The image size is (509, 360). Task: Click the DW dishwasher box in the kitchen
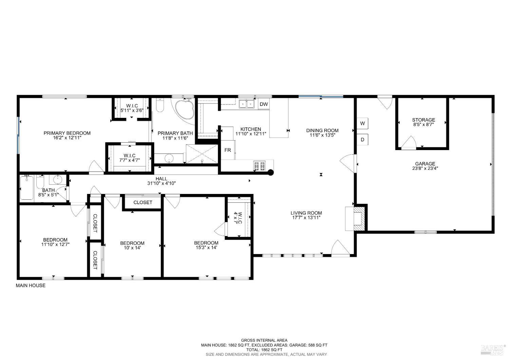coord(264,104)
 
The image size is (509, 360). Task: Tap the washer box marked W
coord(362,123)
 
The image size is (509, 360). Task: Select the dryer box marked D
coord(362,140)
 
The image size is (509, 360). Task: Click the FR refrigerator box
coord(228,150)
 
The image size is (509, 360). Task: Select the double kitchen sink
coord(246,104)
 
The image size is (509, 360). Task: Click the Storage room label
coord(423,120)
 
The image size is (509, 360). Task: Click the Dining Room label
coord(322,130)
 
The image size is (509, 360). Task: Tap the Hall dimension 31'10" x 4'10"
coord(161,183)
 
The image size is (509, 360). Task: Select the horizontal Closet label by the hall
coord(143,202)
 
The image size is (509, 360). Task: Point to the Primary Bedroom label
coord(67,133)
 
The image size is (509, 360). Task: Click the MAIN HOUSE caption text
coord(31,286)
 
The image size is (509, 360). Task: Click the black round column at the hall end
coord(271,172)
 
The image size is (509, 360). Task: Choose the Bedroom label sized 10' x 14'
coord(132,243)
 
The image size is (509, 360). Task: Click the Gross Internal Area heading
coord(264,340)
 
